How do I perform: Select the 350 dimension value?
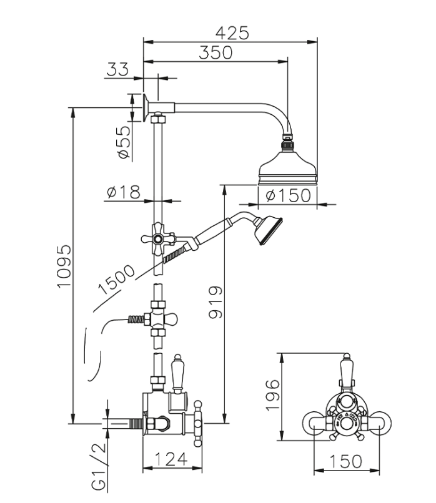pos(215,53)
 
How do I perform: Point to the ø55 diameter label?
pos(122,142)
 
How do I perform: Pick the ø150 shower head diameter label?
pos(288,195)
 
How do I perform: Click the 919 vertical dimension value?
pos(214,303)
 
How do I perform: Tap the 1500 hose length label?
pos(117,280)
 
